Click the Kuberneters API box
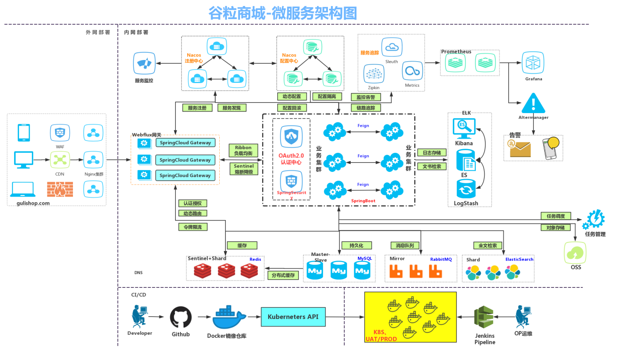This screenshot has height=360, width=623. coord(293,317)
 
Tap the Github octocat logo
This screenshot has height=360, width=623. coord(181,317)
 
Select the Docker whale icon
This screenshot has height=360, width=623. coord(228,317)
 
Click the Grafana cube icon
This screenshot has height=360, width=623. coord(533,63)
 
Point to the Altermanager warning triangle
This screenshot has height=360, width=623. coord(533,103)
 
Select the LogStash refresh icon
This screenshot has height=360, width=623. coord(466,189)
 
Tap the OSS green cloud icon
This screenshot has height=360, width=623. coord(575,253)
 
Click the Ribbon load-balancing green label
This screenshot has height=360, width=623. coord(243,150)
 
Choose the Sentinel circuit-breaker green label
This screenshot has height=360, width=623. coord(244,169)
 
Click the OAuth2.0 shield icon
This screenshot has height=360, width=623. coord(291,137)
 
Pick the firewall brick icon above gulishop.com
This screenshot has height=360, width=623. coord(60,189)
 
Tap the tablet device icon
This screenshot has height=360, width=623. coord(24,133)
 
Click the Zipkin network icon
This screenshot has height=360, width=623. coord(374,74)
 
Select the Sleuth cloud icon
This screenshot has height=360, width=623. coord(392,47)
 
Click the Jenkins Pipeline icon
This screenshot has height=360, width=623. coord(484,317)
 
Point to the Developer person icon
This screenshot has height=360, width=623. coord(139,317)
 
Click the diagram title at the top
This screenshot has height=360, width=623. coord(283,13)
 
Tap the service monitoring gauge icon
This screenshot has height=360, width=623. coord(144,63)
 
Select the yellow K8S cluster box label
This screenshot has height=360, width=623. coord(381,336)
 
